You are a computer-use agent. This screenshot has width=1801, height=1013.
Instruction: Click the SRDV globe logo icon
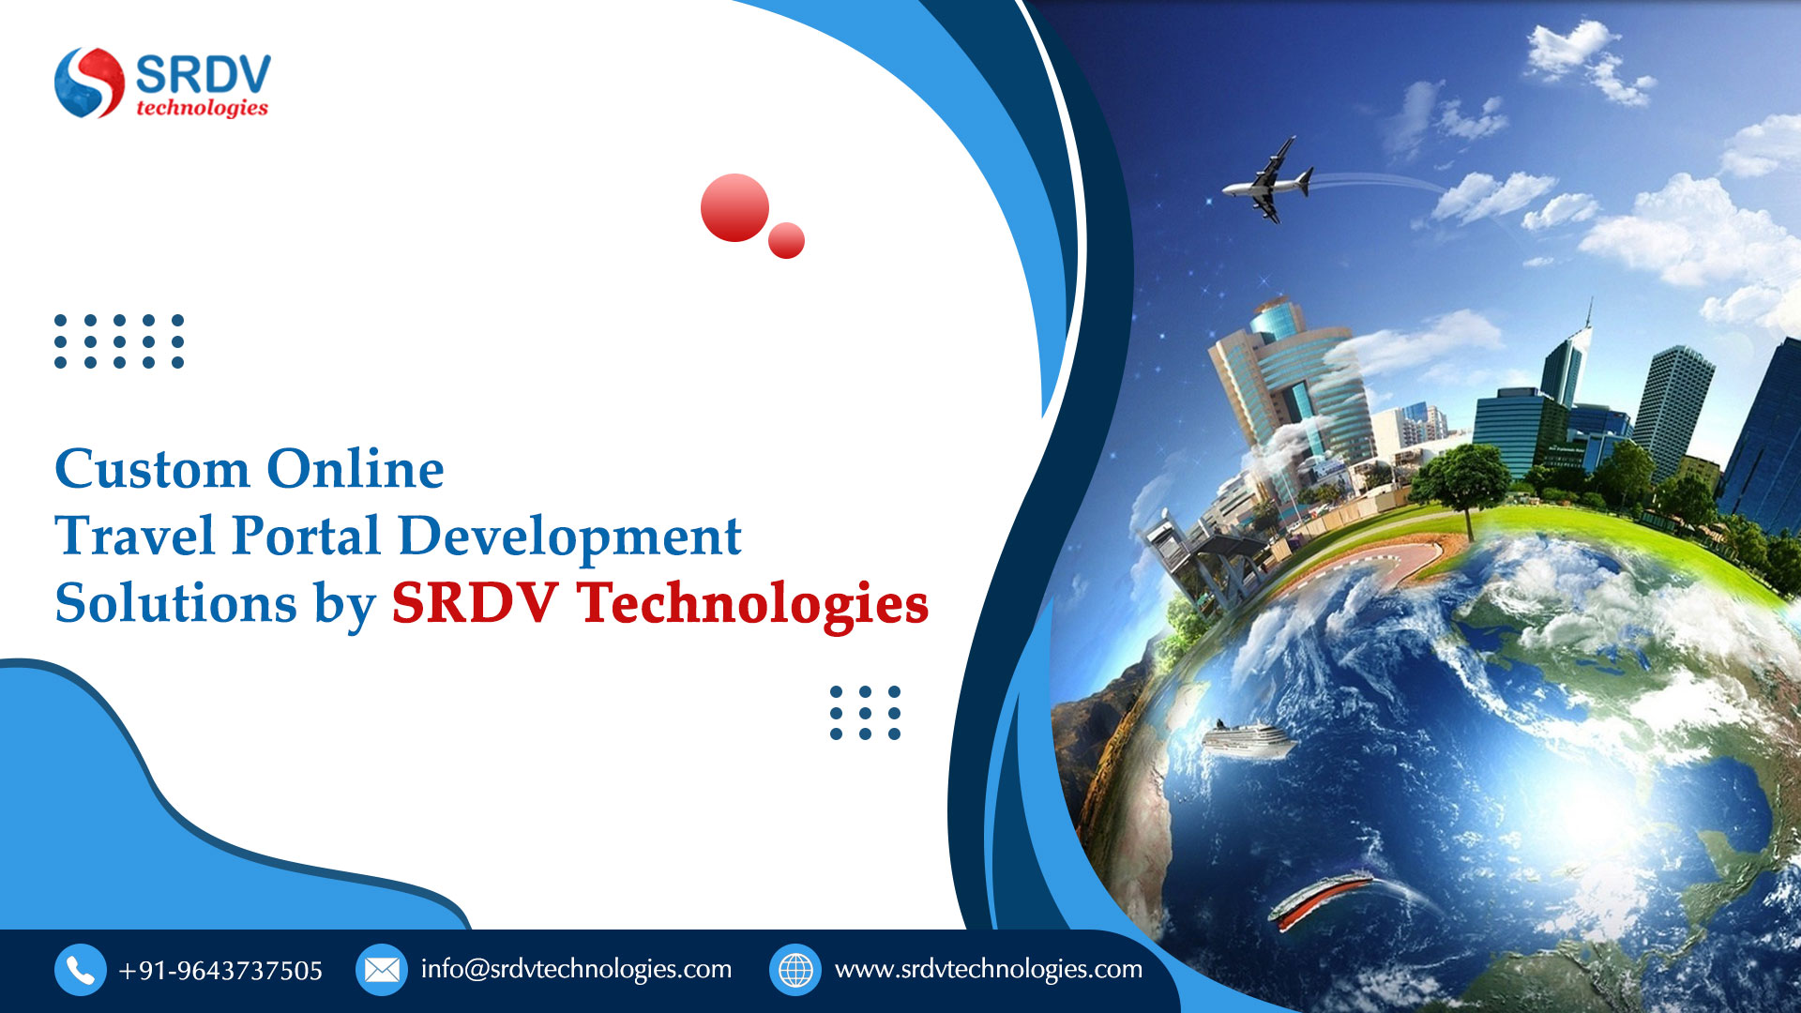[89, 83]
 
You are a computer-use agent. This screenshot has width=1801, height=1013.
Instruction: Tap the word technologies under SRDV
[203, 108]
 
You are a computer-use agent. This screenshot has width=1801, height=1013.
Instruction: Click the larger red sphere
[734, 207]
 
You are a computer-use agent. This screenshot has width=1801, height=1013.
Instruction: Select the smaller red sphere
[786, 240]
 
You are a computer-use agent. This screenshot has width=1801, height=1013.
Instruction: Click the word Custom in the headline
[152, 469]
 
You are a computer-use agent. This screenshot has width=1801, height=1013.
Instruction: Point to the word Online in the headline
[356, 469]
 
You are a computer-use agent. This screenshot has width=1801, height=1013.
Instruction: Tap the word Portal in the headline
[306, 537]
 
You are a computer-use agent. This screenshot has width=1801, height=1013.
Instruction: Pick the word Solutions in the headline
[176, 603]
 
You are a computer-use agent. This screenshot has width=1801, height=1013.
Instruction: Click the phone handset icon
[80, 970]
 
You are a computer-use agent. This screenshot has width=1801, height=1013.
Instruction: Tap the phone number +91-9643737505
[220, 971]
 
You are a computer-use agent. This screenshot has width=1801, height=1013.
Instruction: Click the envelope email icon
[382, 970]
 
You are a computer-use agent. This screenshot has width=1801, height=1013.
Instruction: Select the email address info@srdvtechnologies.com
[576, 970]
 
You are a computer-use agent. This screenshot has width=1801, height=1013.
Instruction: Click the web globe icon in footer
[795, 970]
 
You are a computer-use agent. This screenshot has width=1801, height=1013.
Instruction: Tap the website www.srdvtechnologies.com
[989, 970]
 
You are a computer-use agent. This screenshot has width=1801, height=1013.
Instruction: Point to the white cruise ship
[1246, 739]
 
